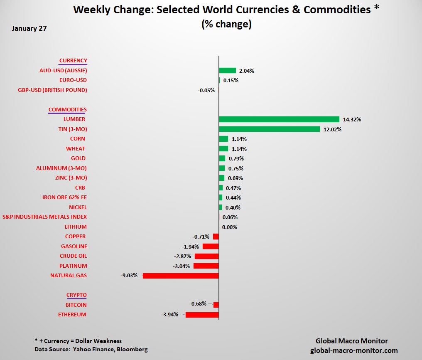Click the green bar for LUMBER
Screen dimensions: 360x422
click(279, 119)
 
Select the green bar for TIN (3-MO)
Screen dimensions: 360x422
click(269, 129)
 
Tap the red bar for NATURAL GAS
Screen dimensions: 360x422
click(181, 276)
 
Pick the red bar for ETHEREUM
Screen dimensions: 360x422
click(202, 315)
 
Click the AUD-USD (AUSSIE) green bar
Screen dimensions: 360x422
click(227, 71)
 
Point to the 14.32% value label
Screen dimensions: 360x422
click(352, 120)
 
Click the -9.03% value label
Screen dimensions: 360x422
click(129, 275)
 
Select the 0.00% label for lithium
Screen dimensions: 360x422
click(230, 227)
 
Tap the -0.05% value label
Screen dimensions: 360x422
click(206, 90)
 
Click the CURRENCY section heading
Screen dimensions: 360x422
click(73, 61)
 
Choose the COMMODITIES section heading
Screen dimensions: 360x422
click(68, 110)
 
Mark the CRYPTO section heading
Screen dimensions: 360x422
click(76, 295)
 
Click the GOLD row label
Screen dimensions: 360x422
click(78, 158)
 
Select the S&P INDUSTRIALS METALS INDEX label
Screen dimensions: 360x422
click(44, 217)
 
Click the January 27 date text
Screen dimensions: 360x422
click(29, 29)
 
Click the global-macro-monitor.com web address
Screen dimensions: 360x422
click(354, 350)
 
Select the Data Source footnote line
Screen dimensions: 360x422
click(91, 349)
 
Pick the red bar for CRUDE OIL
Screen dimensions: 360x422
click(206, 256)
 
